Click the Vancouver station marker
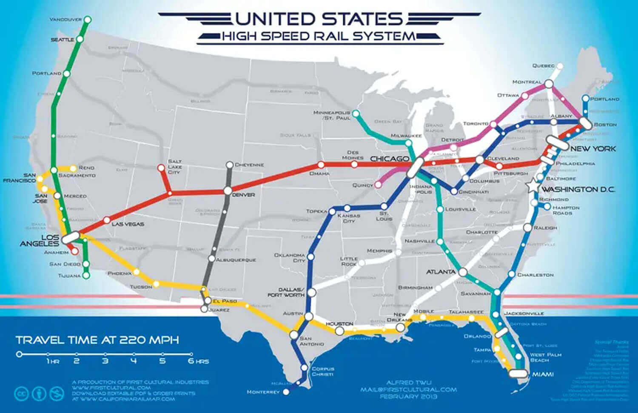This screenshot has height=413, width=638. (x=88, y=20)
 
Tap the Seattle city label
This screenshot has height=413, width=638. (x=63, y=40)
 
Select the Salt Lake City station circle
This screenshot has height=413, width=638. (x=161, y=168)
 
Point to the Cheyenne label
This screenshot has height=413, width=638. (x=249, y=165)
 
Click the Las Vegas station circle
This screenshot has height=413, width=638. (x=106, y=220)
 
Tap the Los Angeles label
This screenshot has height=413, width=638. (x=39, y=240)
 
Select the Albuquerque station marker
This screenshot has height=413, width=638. (x=212, y=258)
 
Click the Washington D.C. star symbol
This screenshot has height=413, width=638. (x=532, y=186)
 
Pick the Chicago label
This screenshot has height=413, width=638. (x=389, y=159)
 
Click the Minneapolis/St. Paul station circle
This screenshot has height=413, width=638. (x=356, y=114)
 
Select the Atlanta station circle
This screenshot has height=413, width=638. (x=463, y=272)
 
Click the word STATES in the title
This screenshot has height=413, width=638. (x=361, y=19)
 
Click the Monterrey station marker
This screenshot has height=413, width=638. (x=286, y=392)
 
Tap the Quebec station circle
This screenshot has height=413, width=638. (x=560, y=66)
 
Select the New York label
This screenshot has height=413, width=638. (x=593, y=148)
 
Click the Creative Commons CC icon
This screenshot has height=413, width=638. (x=21, y=393)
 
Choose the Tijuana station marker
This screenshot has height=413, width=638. (x=86, y=276)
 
